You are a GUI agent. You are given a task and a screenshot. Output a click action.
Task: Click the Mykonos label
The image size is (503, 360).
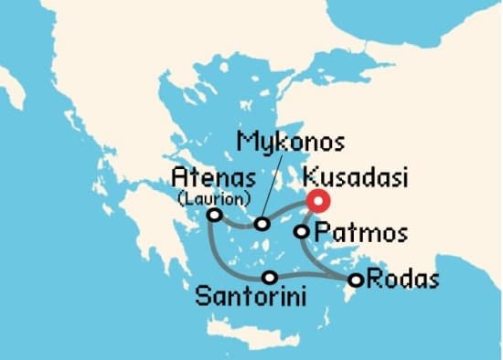coord(290,143)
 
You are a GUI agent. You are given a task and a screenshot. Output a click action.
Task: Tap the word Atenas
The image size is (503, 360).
coord(207,177)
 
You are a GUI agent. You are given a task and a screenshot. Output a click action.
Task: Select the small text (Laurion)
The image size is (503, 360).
coord(212,196)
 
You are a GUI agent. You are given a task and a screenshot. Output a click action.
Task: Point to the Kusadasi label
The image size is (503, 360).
coord(357,177)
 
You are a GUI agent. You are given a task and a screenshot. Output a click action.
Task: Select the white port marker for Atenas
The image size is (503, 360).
coord(214,215)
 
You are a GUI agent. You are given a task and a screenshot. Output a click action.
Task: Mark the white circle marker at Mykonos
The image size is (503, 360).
coord(262,224)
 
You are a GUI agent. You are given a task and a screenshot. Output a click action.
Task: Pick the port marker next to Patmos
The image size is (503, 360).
coord(301,232)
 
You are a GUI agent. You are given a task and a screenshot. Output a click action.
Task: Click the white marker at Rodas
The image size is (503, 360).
coord(356,280)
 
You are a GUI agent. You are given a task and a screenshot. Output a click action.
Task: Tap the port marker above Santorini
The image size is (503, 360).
coord(269,277)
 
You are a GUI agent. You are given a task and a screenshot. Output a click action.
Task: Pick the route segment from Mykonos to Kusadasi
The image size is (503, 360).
coord(291,216)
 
